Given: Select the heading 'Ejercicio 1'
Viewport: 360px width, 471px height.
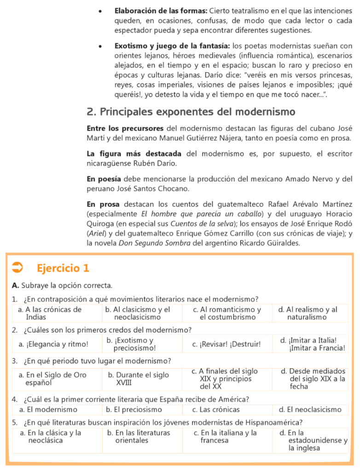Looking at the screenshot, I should (x=63, y=268).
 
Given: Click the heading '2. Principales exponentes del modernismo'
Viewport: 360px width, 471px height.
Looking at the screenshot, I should (x=191, y=112).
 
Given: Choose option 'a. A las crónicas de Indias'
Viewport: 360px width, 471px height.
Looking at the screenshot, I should (x=50, y=313).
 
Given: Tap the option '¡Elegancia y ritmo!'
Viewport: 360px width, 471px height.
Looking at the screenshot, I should (x=53, y=344).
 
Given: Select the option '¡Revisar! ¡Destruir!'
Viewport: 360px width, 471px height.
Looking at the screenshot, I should (x=226, y=344).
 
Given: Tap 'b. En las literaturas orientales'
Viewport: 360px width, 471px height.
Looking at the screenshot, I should (x=138, y=437).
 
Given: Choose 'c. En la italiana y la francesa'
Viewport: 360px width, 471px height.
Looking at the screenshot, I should (x=225, y=437).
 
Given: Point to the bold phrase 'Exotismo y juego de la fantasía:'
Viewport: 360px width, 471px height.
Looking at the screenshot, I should (x=172, y=46).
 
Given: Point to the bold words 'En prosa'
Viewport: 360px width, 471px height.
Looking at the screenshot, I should (x=103, y=204).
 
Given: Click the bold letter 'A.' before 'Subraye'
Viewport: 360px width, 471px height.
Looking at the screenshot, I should (x=16, y=286).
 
